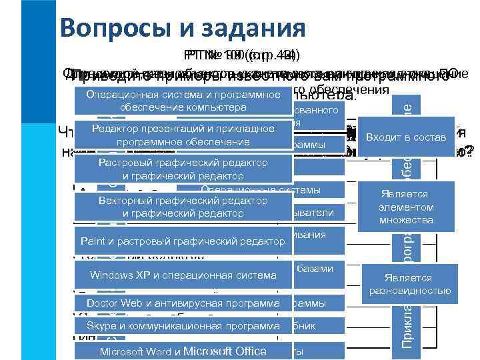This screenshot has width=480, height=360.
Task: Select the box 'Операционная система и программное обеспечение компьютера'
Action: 183,101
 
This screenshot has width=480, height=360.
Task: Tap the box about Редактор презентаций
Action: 183,135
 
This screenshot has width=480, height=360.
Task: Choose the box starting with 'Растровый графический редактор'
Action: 183,169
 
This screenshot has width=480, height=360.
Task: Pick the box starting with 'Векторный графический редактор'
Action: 183,207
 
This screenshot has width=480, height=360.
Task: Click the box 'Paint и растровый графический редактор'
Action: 183,241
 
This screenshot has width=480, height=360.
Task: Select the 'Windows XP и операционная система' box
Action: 183,275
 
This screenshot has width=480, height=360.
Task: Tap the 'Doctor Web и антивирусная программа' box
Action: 183,304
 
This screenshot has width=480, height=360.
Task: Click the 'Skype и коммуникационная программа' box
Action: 183,326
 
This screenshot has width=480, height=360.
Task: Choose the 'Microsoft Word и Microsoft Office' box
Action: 183,351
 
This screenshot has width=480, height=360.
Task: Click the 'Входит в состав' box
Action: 406,137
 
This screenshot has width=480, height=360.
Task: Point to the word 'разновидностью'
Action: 408,291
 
